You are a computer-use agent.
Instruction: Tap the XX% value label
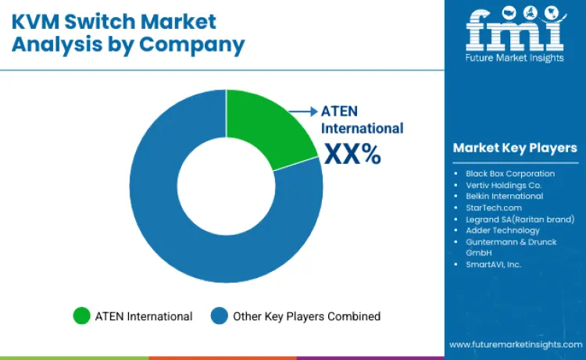[x=352, y=154]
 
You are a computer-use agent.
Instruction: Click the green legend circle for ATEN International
[x=81, y=316]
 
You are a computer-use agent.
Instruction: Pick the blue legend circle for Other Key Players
[x=220, y=316]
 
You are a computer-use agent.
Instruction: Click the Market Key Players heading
[x=514, y=148]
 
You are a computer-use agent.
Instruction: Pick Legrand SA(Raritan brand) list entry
[x=520, y=219]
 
